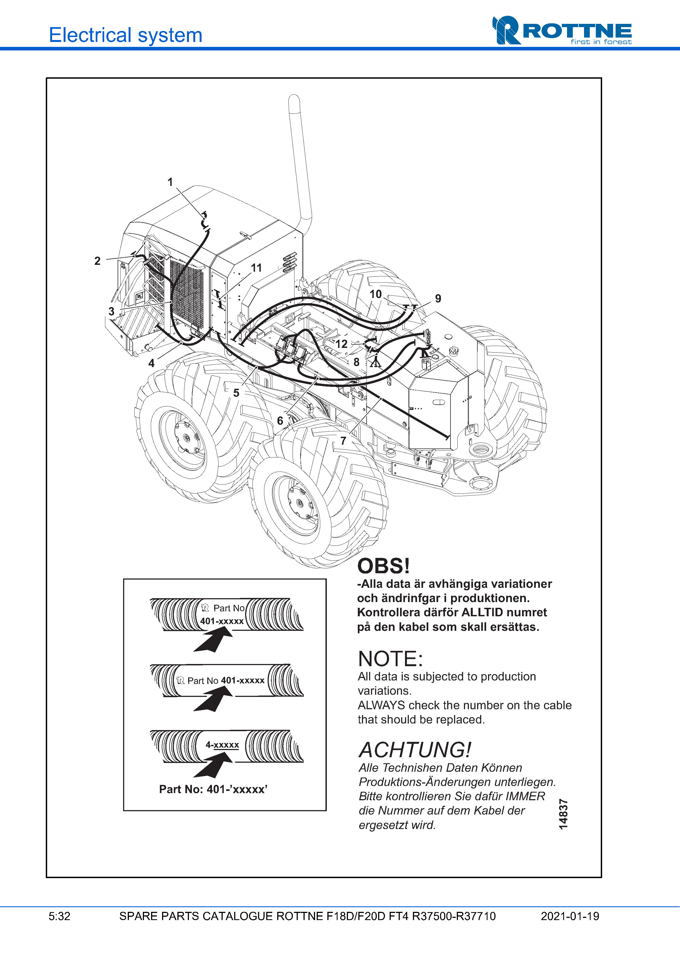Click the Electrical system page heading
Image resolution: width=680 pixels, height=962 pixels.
126,35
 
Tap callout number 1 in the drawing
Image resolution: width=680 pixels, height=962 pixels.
170,182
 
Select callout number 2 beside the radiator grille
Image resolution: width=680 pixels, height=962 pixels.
97,261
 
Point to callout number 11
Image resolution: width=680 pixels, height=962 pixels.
256,268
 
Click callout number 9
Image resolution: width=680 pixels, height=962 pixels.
438,298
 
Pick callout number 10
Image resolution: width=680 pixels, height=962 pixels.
375,294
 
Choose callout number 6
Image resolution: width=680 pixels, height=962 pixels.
280,420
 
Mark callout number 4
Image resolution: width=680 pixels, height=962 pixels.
151,363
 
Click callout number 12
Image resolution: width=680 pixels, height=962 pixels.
341,344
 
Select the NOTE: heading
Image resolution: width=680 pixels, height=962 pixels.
390,659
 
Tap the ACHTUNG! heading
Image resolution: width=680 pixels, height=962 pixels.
415,750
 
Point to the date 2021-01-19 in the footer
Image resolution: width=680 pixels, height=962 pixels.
570,916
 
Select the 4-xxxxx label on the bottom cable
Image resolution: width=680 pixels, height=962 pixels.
222,745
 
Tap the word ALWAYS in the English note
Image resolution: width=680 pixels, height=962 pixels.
381,705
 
